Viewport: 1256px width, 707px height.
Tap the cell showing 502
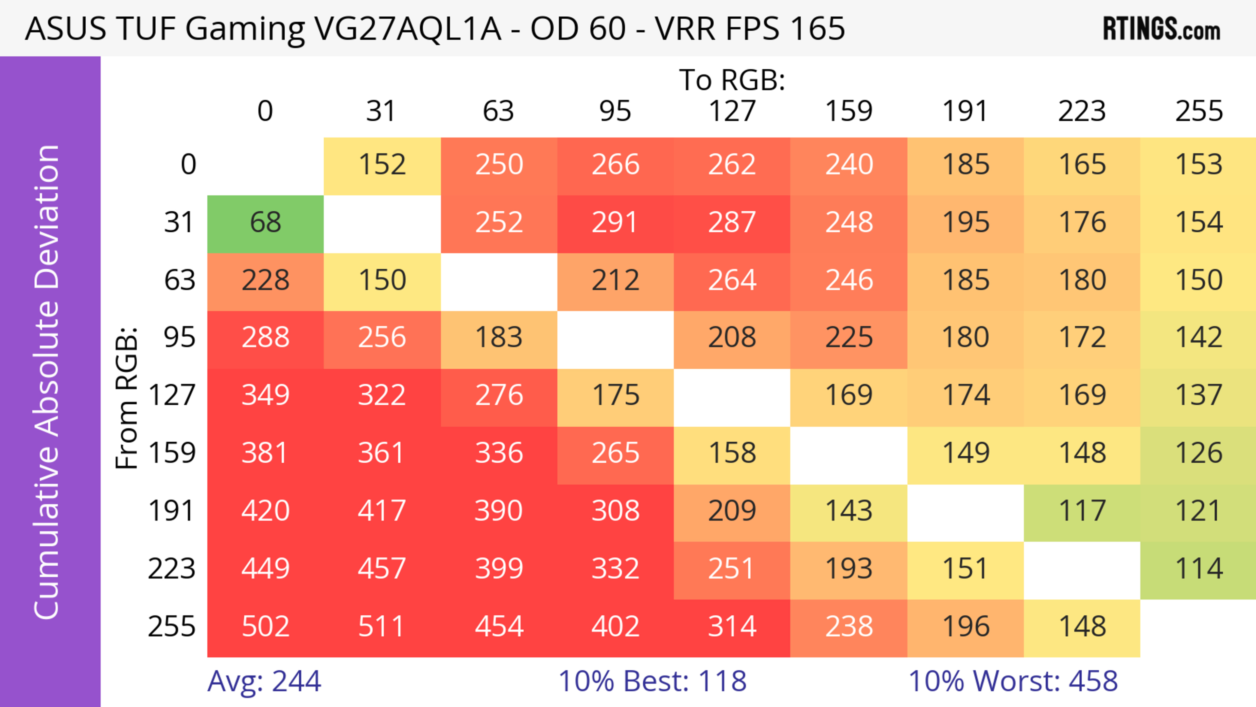[x=265, y=627]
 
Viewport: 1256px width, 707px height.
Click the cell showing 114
[x=1198, y=570]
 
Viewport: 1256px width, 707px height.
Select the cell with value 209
[x=732, y=512]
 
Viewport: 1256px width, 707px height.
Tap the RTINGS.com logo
[x=1161, y=29]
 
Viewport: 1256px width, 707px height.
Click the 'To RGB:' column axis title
[x=732, y=80]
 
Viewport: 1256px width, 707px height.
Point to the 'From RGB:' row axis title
[x=127, y=398]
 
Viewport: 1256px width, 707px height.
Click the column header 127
[x=732, y=112]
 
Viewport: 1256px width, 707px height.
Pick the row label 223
[x=172, y=570]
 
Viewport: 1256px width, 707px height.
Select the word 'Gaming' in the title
[x=245, y=29]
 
